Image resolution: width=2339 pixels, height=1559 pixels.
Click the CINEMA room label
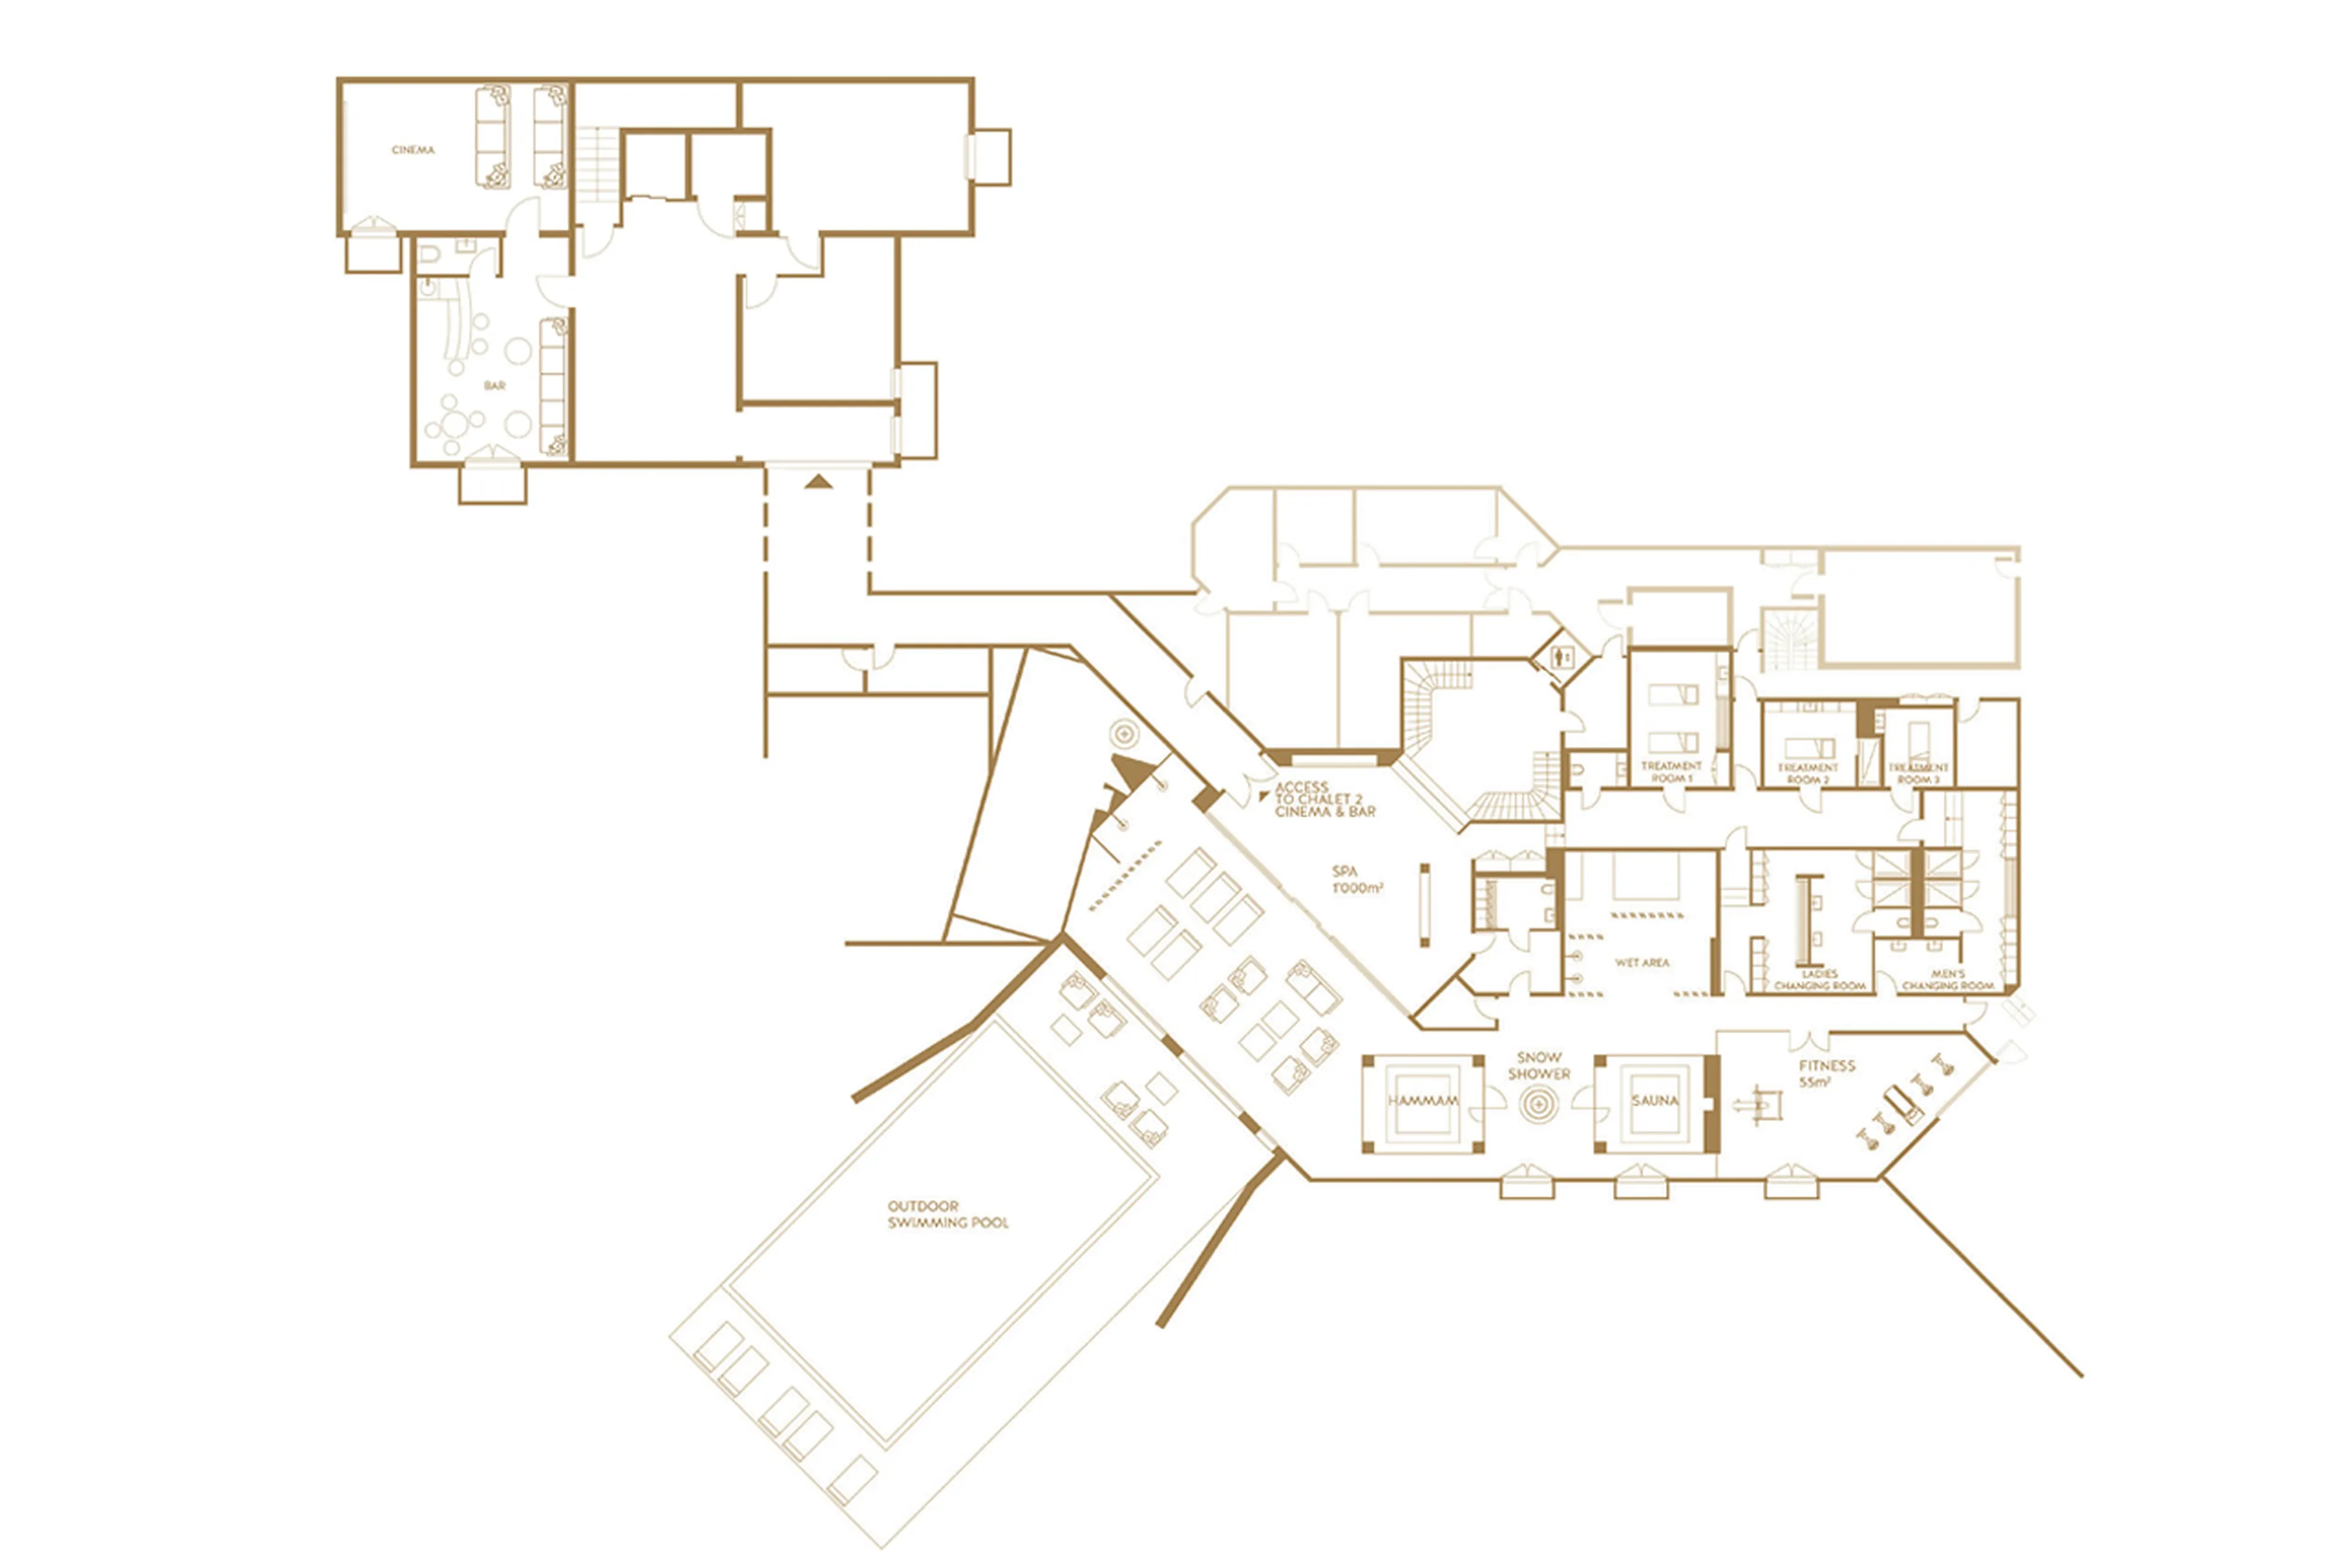click(x=412, y=150)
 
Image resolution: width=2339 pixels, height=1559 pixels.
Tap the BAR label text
click(x=494, y=385)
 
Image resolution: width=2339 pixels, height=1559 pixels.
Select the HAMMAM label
click(x=1422, y=1101)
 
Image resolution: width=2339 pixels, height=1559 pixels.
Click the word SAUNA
click(x=1654, y=1101)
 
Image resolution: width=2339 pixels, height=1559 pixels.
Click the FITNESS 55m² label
click(x=1826, y=1074)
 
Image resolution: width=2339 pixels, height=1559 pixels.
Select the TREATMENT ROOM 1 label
click(x=1671, y=771)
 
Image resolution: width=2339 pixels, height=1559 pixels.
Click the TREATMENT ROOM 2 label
click(x=1807, y=774)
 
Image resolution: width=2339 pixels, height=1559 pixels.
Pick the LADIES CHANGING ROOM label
click(x=1820, y=980)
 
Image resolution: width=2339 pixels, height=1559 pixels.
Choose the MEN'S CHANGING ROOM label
click(x=1947, y=980)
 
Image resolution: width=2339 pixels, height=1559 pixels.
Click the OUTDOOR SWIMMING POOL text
click(x=947, y=1215)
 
